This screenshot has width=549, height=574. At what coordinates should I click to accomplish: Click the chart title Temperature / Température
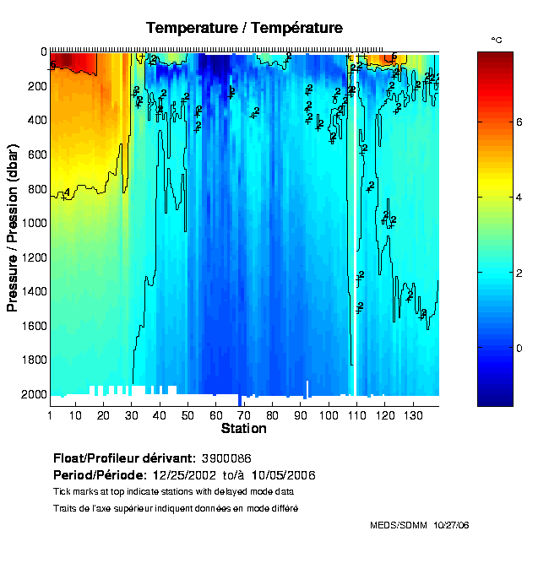point(244,28)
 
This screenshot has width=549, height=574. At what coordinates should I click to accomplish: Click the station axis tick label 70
point(244,415)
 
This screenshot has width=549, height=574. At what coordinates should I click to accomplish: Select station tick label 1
point(51,415)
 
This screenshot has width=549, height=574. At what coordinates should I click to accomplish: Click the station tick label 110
point(356,415)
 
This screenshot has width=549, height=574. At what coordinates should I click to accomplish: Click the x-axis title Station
point(243,429)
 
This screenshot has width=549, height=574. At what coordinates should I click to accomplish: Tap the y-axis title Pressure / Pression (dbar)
point(13,223)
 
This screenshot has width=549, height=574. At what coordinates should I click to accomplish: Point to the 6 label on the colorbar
point(519,122)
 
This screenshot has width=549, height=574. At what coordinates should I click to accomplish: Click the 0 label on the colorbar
point(519,347)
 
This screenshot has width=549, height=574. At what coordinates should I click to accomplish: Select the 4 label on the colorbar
point(519,198)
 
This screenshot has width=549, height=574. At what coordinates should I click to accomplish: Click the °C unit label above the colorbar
point(497,40)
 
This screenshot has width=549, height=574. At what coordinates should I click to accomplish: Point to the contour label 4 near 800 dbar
point(67,193)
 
